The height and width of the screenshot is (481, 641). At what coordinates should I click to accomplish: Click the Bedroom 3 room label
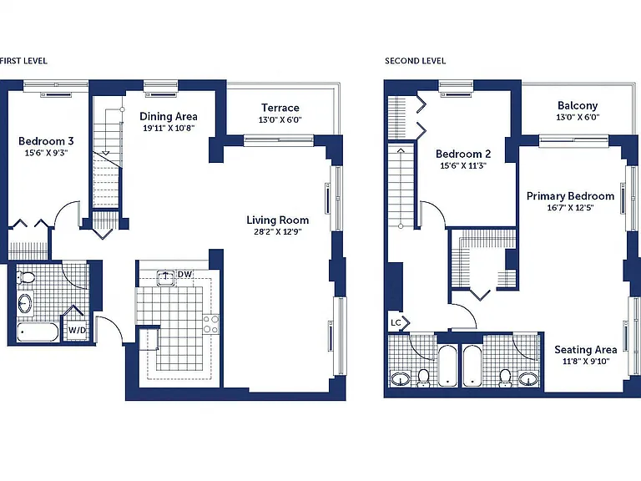[x=46, y=141]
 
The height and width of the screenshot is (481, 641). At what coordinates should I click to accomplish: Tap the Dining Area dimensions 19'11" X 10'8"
[x=169, y=128]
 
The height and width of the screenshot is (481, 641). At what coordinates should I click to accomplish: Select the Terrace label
[x=280, y=108]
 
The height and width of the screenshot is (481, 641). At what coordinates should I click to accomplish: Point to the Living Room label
[x=278, y=220]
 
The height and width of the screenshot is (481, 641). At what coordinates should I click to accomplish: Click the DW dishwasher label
[x=184, y=274]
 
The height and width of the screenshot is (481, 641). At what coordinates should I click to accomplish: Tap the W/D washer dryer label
[x=77, y=330]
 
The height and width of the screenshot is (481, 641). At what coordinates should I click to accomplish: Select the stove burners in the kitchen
[x=211, y=324]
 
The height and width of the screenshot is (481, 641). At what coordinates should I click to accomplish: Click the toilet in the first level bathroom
[x=26, y=278]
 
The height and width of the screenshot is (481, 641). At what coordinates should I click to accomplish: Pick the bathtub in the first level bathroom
[x=38, y=332]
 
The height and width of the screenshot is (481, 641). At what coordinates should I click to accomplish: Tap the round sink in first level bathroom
[x=25, y=303]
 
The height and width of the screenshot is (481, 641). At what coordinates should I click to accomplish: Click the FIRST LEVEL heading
[x=23, y=61]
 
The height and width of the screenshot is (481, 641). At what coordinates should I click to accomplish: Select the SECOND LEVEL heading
[x=415, y=61]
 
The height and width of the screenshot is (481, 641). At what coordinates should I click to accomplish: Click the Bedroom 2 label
[x=463, y=154]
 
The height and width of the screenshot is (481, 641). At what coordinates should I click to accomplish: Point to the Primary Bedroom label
[x=570, y=196]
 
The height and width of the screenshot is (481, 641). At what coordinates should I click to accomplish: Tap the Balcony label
[x=578, y=105]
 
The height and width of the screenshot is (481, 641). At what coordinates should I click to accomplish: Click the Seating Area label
[x=585, y=350]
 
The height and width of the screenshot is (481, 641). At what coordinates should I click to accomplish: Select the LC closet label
[x=396, y=322]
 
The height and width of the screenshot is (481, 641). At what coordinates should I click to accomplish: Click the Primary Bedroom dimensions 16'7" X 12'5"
[x=570, y=207]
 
